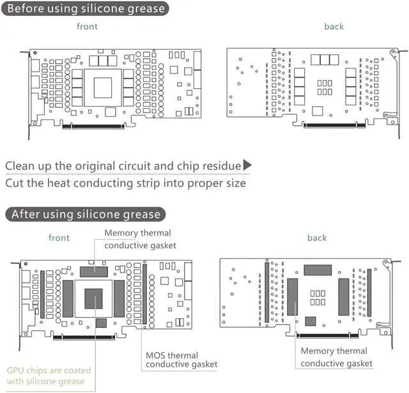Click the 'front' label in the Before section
(x=88, y=27)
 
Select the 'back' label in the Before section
(x=334, y=27)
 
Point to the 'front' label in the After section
(x=59, y=238)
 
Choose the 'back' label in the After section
(x=316, y=238)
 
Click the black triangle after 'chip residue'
(x=247, y=166)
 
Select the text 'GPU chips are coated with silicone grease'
(x=49, y=376)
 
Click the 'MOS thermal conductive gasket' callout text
(x=181, y=360)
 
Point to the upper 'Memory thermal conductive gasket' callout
(x=140, y=239)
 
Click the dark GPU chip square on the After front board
(x=94, y=298)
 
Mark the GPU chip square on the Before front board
(x=103, y=87)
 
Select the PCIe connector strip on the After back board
(x=326, y=336)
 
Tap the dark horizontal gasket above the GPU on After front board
(x=94, y=272)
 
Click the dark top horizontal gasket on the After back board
(x=318, y=270)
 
